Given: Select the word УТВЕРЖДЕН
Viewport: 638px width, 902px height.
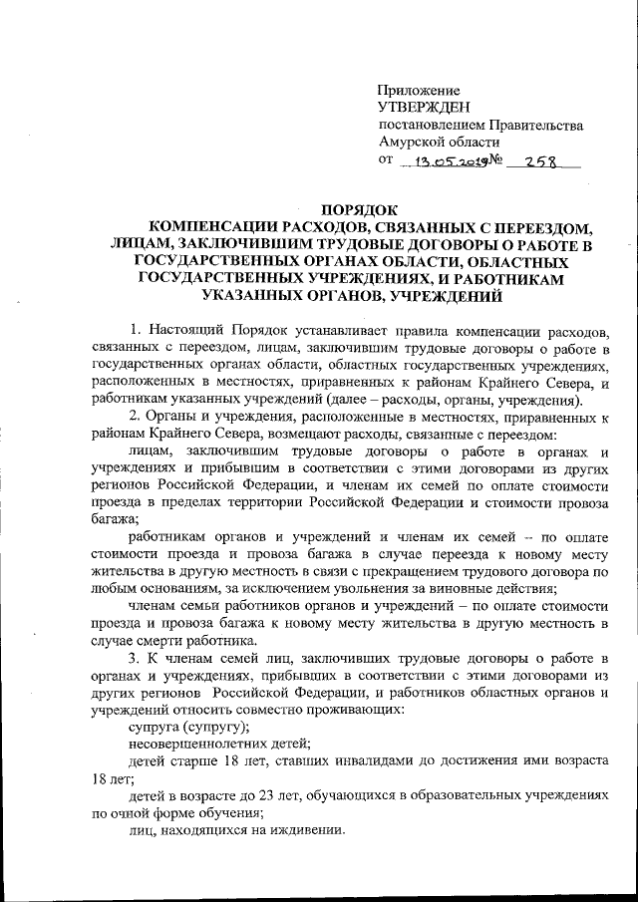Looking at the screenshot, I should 421,107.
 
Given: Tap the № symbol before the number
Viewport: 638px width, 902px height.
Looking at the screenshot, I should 493,160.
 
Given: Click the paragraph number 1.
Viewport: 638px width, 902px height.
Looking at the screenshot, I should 136,329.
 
